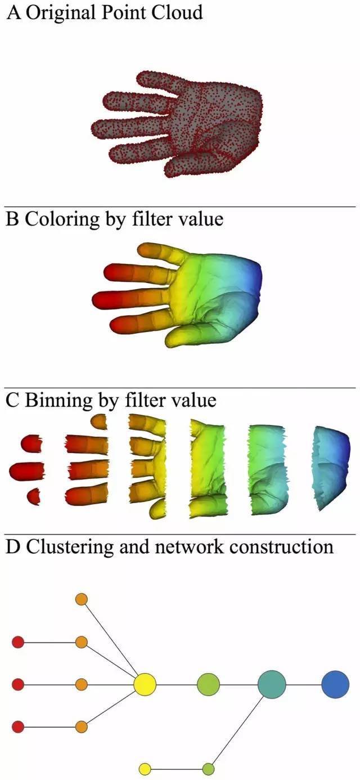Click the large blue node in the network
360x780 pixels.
[335, 684]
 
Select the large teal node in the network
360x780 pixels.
[272, 684]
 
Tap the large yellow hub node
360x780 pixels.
[145, 684]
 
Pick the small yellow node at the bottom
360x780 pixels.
[145, 769]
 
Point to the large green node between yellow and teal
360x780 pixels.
[208, 684]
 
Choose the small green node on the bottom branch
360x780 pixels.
[208, 769]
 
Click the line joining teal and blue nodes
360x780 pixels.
[304, 684]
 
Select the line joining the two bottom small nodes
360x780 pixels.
[176, 769]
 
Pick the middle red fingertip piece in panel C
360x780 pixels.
[26, 470]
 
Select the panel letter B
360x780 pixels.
[12, 218]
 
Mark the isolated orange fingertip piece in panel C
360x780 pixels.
[100, 422]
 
